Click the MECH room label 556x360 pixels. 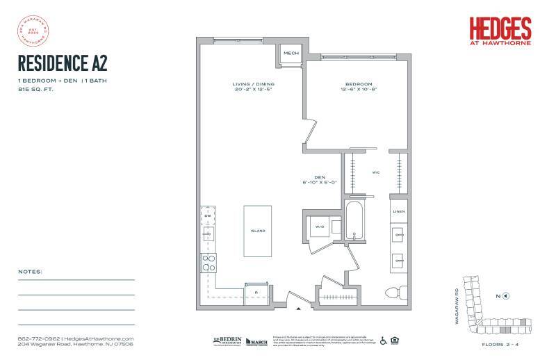click(291, 52)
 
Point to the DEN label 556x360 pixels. click(320, 177)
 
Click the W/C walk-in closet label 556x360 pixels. click(376, 173)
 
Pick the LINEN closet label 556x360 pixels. click(398, 211)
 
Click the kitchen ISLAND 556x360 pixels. click(259, 230)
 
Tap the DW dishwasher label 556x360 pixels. click(207, 215)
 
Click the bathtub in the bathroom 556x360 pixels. click(354, 221)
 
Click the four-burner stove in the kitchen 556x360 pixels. click(207, 261)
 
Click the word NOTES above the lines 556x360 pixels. click(31, 271)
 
